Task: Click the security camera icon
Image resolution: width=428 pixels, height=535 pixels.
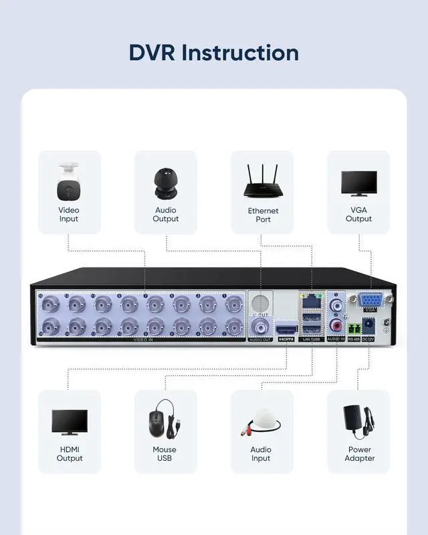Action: click(69, 181)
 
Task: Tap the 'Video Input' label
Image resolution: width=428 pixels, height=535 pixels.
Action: click(69, 215)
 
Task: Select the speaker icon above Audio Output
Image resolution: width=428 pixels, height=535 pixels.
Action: click(165, 183)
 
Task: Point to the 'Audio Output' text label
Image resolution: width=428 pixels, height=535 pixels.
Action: click(166, 215)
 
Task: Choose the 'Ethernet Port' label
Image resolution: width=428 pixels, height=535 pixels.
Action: click(263, 215)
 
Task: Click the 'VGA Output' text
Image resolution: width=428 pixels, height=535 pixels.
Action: click(358, 215)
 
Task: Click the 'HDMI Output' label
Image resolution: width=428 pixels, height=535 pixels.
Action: click(70, 454)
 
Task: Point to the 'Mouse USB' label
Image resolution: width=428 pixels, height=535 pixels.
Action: click(165, 454)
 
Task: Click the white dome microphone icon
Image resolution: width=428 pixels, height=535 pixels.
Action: click(262, 421)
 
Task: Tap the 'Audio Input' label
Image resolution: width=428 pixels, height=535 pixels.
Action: click(261, 454)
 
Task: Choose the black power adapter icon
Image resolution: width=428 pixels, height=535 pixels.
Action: click(359, 420)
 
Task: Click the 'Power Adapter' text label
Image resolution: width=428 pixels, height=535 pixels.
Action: click(360, 454)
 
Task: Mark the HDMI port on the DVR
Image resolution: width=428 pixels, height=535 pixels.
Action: click(286, 328)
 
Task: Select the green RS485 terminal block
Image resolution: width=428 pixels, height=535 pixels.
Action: click(353, 328)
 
